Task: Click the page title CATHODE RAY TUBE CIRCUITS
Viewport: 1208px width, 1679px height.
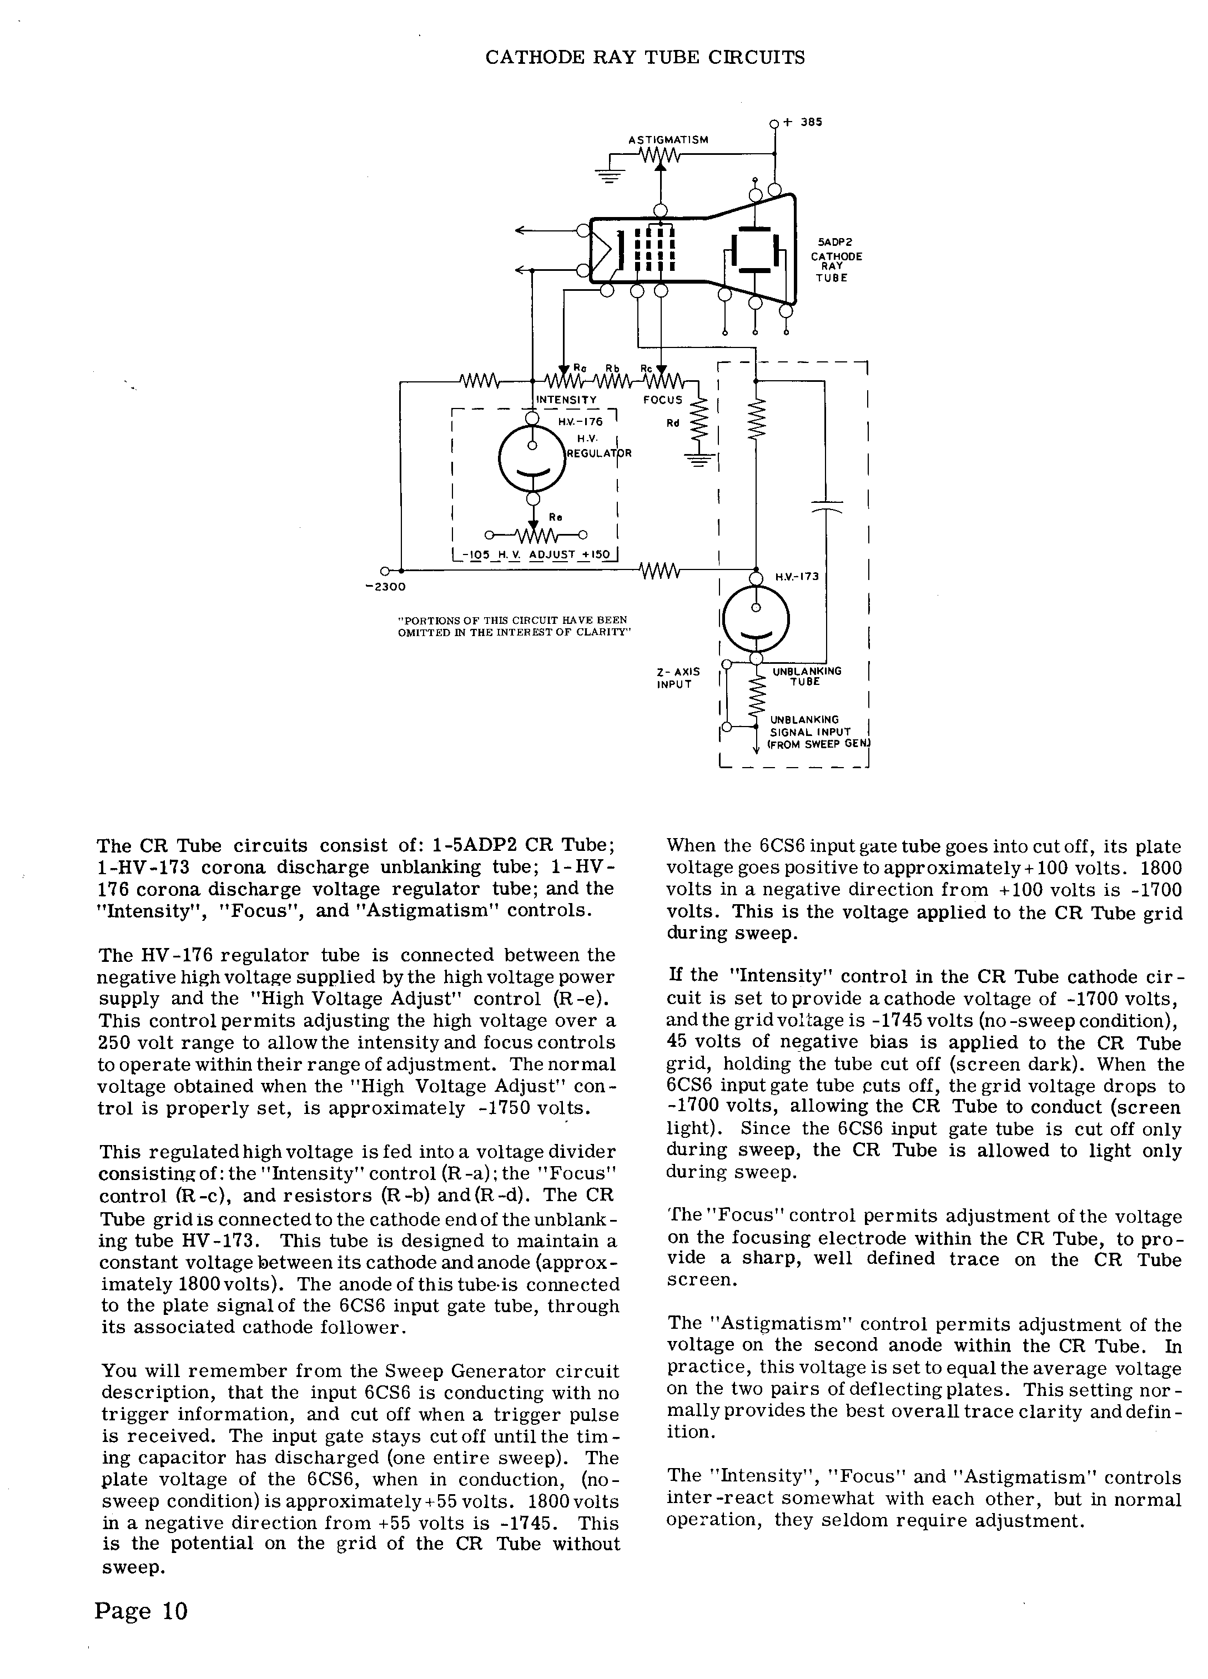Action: (645, 58)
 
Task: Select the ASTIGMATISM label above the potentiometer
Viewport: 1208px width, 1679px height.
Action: (668, 139)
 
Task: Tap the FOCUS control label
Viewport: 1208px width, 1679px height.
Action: (662, 400)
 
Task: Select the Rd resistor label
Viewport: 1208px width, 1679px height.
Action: (672, 423)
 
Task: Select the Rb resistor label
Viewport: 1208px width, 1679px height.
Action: (612, 368)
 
